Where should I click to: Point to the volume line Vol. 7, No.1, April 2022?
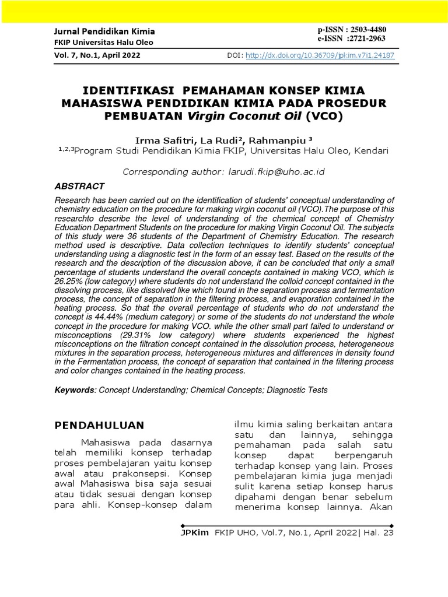(x=97, y=56)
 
